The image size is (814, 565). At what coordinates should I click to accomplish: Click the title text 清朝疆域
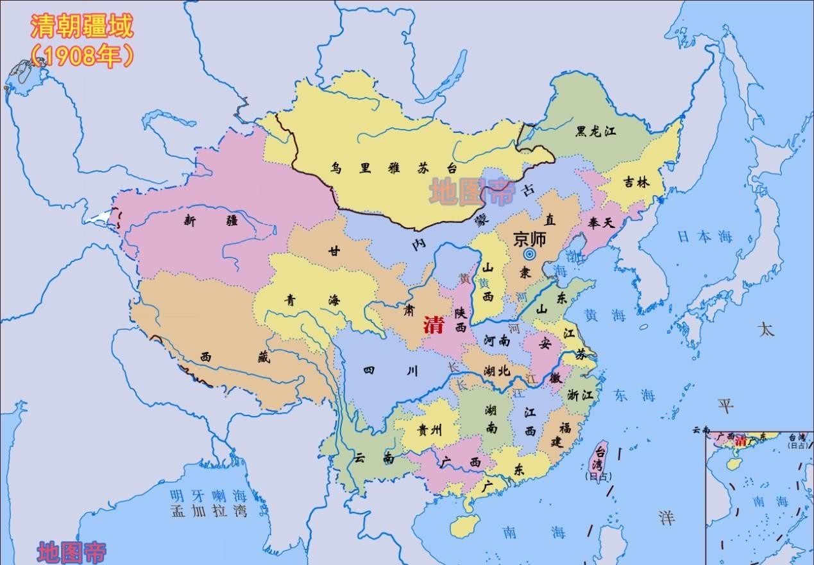[81, 28]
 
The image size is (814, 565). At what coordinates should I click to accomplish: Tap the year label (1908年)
[81, 56]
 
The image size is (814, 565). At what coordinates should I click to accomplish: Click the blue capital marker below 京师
[529, 255]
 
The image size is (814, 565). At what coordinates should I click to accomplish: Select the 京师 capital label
[529, 239]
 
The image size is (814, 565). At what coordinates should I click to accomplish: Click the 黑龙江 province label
[595, 132]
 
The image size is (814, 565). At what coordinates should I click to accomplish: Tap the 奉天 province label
[602, 223]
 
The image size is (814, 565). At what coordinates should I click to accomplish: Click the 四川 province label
[391, 370]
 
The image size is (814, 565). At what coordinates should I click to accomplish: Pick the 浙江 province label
[580, 395]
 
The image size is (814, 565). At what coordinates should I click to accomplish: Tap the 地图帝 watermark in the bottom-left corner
[71, 552]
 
